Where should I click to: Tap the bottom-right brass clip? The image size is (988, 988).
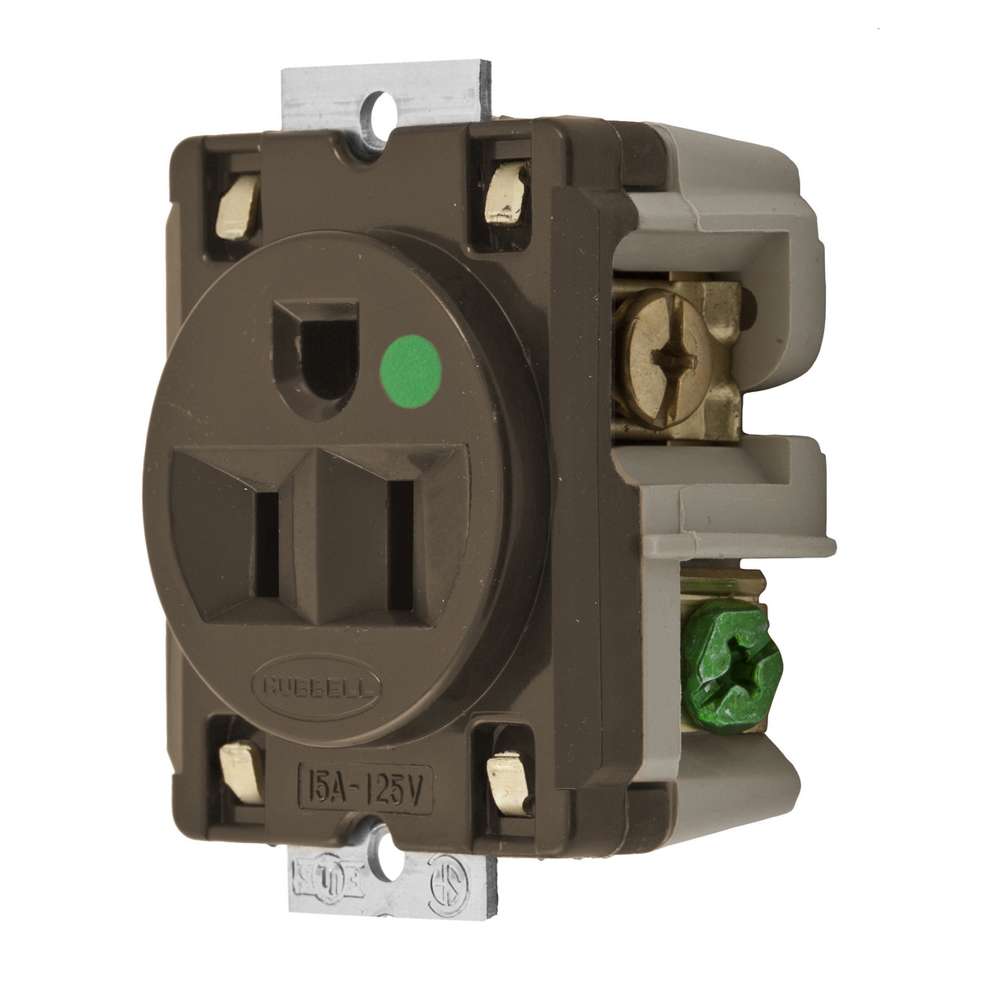(504, 776)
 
